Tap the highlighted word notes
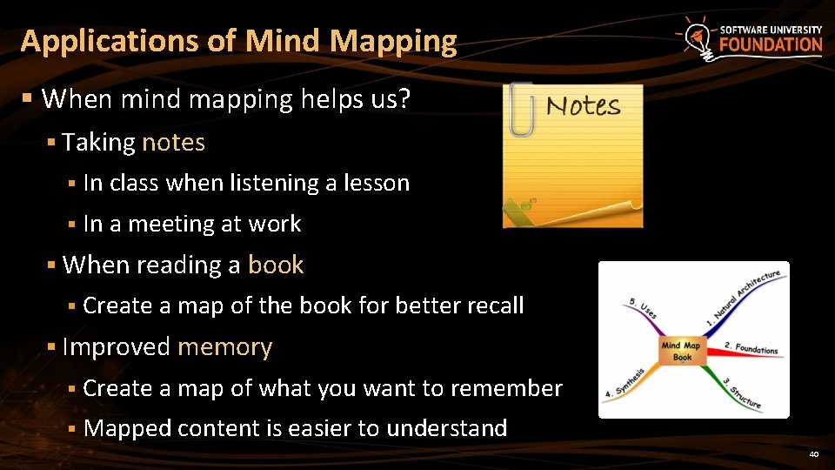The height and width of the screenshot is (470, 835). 173,142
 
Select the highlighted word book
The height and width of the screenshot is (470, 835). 276,265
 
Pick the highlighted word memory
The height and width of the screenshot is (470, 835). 224,346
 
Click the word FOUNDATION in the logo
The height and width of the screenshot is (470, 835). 771,45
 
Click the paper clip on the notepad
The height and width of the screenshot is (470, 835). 521,110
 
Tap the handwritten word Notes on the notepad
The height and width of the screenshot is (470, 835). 583,106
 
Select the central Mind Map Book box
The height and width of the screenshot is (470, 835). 682,351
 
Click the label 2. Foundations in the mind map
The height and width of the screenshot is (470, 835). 751,347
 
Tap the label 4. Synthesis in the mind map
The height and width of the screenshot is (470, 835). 626,382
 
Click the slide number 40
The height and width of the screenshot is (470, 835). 813,454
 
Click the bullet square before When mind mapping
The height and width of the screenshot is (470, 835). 29,99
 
